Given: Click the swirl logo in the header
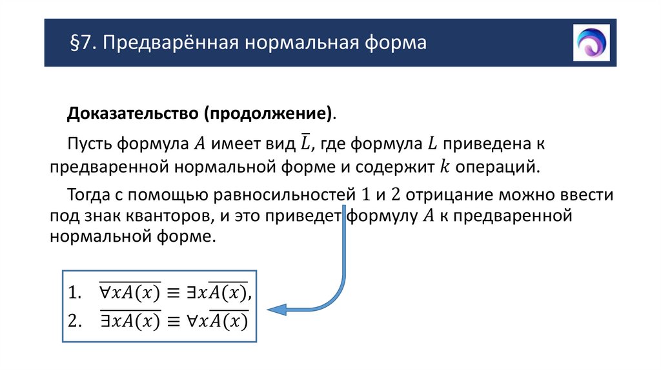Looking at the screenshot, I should [x=591, y=43].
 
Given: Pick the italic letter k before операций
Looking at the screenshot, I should [x=443, y=166].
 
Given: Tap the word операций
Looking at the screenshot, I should [x=496, y=166].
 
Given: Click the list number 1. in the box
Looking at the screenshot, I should [x=76, y=294].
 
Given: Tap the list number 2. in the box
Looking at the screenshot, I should [x=76, y=321].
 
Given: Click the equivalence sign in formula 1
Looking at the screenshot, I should [x=172, y=294].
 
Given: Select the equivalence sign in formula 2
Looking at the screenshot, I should [x=172, y=321].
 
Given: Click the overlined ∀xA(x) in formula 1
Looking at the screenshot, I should [x=128, y=293].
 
